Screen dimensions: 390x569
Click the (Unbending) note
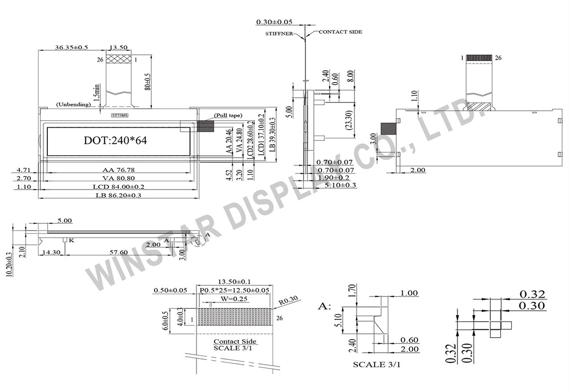click(73, 104)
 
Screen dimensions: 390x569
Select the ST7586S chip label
click(119, 115)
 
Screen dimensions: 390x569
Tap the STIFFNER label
click(279, 34)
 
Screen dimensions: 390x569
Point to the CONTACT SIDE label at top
click(340, 32)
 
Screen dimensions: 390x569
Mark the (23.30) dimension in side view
click(349, 121)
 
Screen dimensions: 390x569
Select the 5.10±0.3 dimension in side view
click(340, 186)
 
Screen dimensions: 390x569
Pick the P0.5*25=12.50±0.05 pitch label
click(235, 290)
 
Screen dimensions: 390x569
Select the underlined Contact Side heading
click(235, 341)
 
